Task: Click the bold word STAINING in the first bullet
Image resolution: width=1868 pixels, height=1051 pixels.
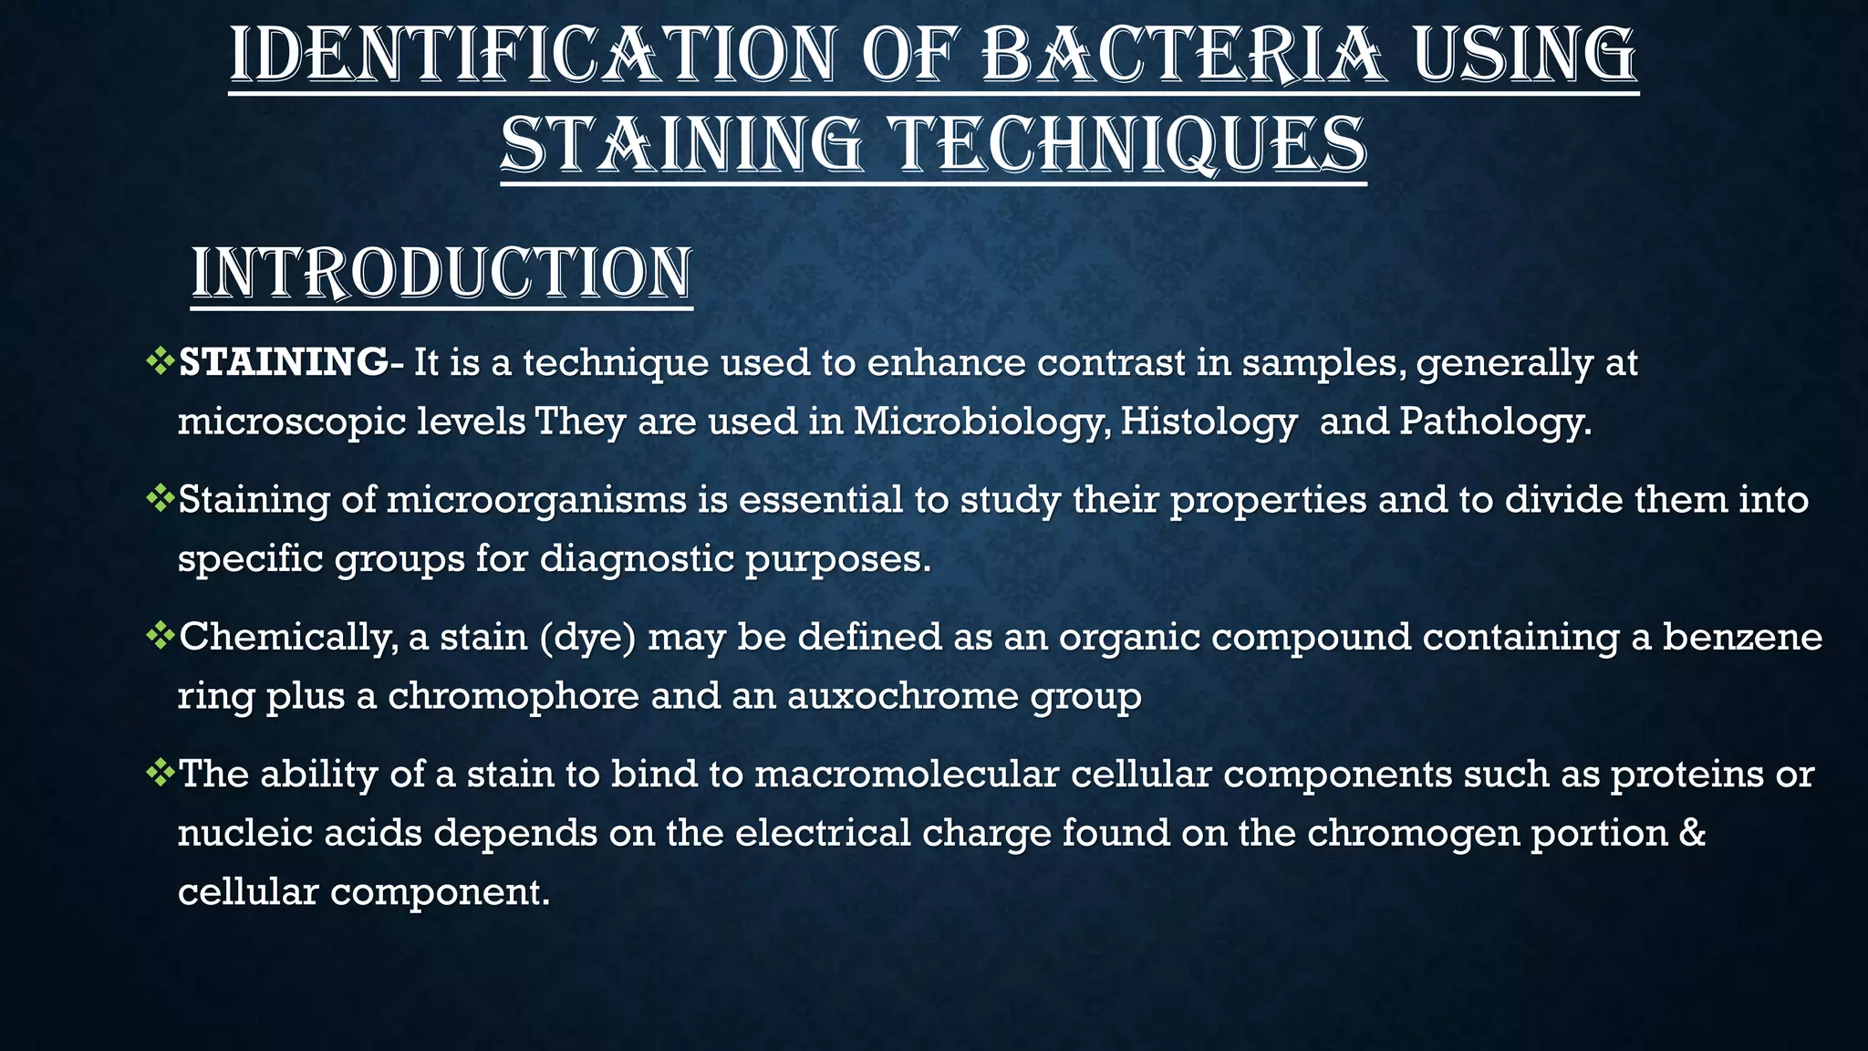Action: pos(284,363)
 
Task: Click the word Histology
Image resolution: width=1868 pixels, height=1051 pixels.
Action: pos(1209,422)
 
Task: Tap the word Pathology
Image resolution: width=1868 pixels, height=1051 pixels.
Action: pos(1495,422)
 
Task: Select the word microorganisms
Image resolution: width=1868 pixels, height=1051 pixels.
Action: pos(536,500)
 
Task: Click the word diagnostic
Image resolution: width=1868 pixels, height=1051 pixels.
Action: pos(637,558)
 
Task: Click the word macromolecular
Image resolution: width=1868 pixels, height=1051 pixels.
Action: pos(907,774)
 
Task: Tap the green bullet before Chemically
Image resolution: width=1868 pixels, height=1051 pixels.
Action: pos(160,635)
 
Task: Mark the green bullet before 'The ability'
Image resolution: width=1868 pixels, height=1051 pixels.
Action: pos(160,772)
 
